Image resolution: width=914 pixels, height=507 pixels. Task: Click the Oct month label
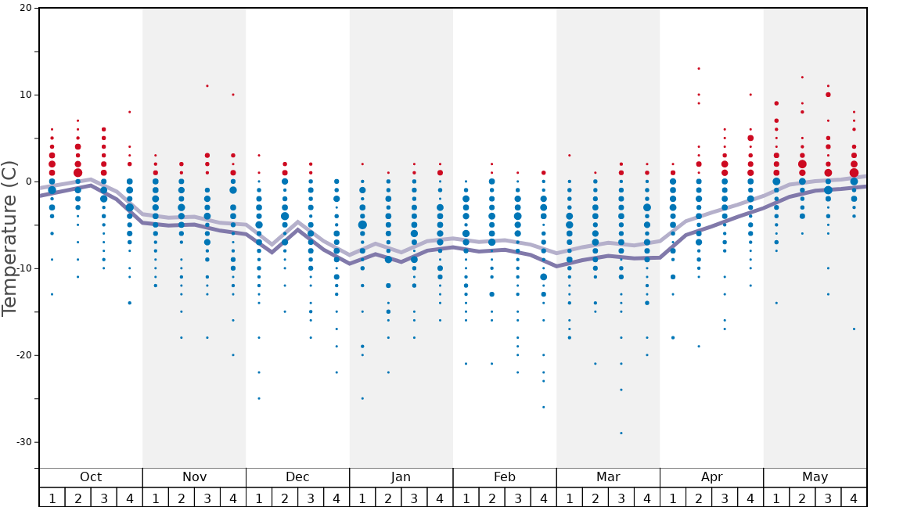click(x=91, y=477)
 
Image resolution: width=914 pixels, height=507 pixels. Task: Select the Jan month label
click(x=401, y=477)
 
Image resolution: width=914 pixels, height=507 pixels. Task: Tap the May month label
click(x=815, y=477)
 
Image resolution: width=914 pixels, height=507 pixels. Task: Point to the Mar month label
click(x=608, y=477)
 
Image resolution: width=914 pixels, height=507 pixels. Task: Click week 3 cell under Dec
click(x=311, y=498)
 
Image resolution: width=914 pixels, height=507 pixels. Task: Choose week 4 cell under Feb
click(x=543, y=498)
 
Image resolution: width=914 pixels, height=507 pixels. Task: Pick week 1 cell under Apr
click(x=672, y=498)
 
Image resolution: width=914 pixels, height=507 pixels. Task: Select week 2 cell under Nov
click(x=182, y=498)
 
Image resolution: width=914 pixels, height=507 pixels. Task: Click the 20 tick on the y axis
click(x=25, y=9)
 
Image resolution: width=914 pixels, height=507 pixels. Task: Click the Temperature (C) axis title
click(x=9, y=238)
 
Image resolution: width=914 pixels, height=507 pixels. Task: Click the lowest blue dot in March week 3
click(x=621, y=433)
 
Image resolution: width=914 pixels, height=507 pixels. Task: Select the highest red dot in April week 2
click(x=699, y=68)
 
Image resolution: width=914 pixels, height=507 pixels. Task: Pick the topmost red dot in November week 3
click(x=207, y=86)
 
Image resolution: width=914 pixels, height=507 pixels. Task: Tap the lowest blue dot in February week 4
click(x=544, y=407)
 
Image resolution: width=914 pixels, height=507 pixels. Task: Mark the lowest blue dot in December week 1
click(x=259, y=398)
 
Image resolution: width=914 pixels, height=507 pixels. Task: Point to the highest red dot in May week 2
click(x=802, y=77)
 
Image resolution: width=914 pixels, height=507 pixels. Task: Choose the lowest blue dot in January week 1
click(x=362, y=398)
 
